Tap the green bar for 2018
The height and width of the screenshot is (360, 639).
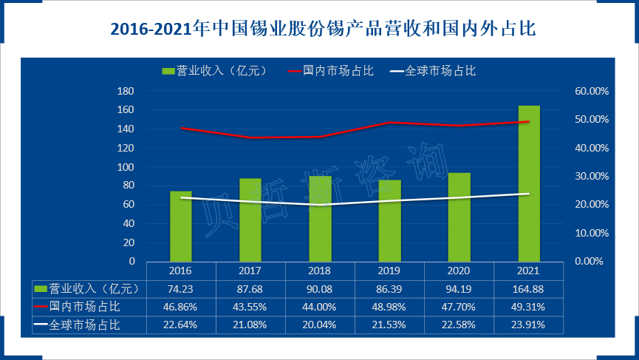tap(320, 219)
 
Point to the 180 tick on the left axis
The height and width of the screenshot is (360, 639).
tap(126, 91)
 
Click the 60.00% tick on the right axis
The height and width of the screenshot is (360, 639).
tap(592, 91)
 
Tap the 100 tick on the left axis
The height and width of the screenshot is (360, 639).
tap(126, 167)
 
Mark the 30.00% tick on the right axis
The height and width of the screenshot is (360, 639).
tap(592, 176)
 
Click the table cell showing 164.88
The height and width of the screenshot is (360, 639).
tap(529, 288)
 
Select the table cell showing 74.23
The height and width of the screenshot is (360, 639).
tap(181, 288)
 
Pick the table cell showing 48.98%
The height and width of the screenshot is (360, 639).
tap(390, 306)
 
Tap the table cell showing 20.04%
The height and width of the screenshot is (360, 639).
tap(320, 325)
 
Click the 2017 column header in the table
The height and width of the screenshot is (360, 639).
tap(250, 270)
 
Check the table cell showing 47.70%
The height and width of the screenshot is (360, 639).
tap(459, 306)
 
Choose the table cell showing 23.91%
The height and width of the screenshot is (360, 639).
tap(529, 325)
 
